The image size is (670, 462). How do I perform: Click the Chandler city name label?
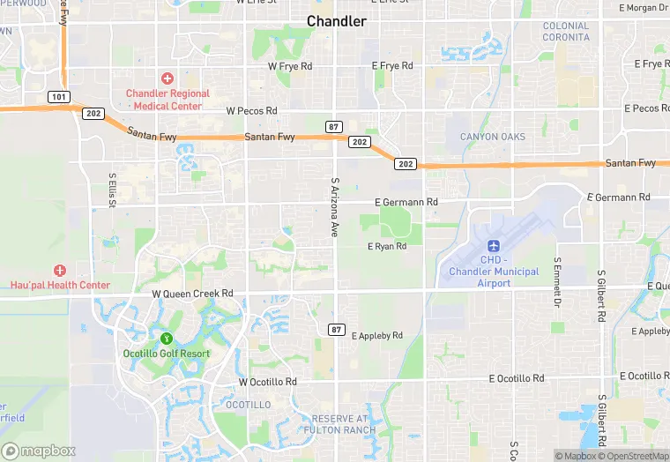click(336, 21)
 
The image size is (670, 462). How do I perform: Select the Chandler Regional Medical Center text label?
click(167, 100)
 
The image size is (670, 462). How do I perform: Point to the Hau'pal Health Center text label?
click(60, 285)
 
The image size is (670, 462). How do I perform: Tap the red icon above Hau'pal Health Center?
click(60, 270)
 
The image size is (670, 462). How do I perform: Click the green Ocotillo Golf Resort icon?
click(166, 339)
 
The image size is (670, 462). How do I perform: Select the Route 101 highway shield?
click(59, 95)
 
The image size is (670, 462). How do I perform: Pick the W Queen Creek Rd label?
click(192, 294)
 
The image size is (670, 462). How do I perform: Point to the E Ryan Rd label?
click(387, 247)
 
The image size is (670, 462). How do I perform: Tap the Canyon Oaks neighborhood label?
click(493, 137)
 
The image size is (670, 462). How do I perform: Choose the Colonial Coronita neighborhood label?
click(566, 32)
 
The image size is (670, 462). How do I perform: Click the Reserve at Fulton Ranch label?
click(339, 424)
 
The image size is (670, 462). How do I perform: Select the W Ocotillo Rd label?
click(268, 382)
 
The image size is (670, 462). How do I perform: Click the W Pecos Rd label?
click(251, 111)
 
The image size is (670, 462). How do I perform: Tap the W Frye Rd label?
click(290, 66)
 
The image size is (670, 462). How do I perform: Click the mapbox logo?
click(38, 451)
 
